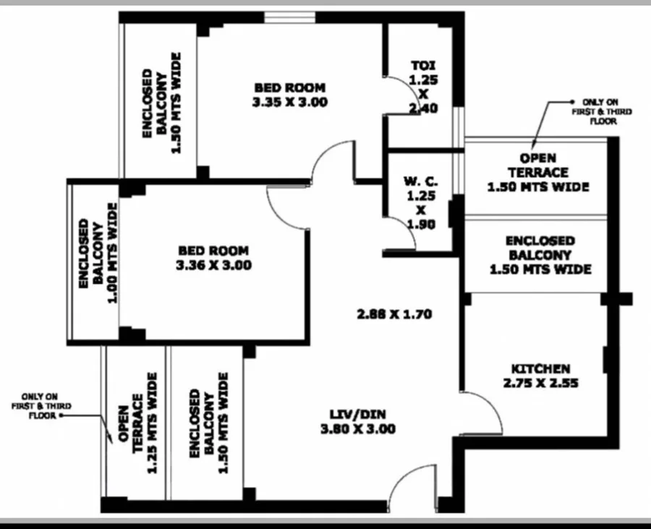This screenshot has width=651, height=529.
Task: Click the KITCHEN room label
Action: [540, 369]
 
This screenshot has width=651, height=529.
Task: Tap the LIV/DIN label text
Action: [357, 415]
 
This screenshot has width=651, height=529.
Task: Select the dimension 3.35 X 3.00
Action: [290, 102]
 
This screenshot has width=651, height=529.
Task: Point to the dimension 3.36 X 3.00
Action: [214, 266]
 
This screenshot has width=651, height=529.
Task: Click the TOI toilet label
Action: [423, 66]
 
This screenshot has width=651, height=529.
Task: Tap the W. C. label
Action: [421, 182]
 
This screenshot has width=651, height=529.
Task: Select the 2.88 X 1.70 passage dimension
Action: [394, 314]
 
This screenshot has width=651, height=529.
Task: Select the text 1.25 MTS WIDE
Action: [153, 423]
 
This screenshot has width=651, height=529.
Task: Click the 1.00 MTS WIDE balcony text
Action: [113, 253]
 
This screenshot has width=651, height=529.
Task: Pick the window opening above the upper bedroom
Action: [290, 17]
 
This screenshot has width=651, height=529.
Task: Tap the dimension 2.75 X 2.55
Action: [540, 384]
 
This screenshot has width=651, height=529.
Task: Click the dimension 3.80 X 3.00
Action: [358, 429]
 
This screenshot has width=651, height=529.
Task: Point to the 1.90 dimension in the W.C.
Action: [422, 224]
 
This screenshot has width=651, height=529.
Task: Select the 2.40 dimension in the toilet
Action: [423, 109]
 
